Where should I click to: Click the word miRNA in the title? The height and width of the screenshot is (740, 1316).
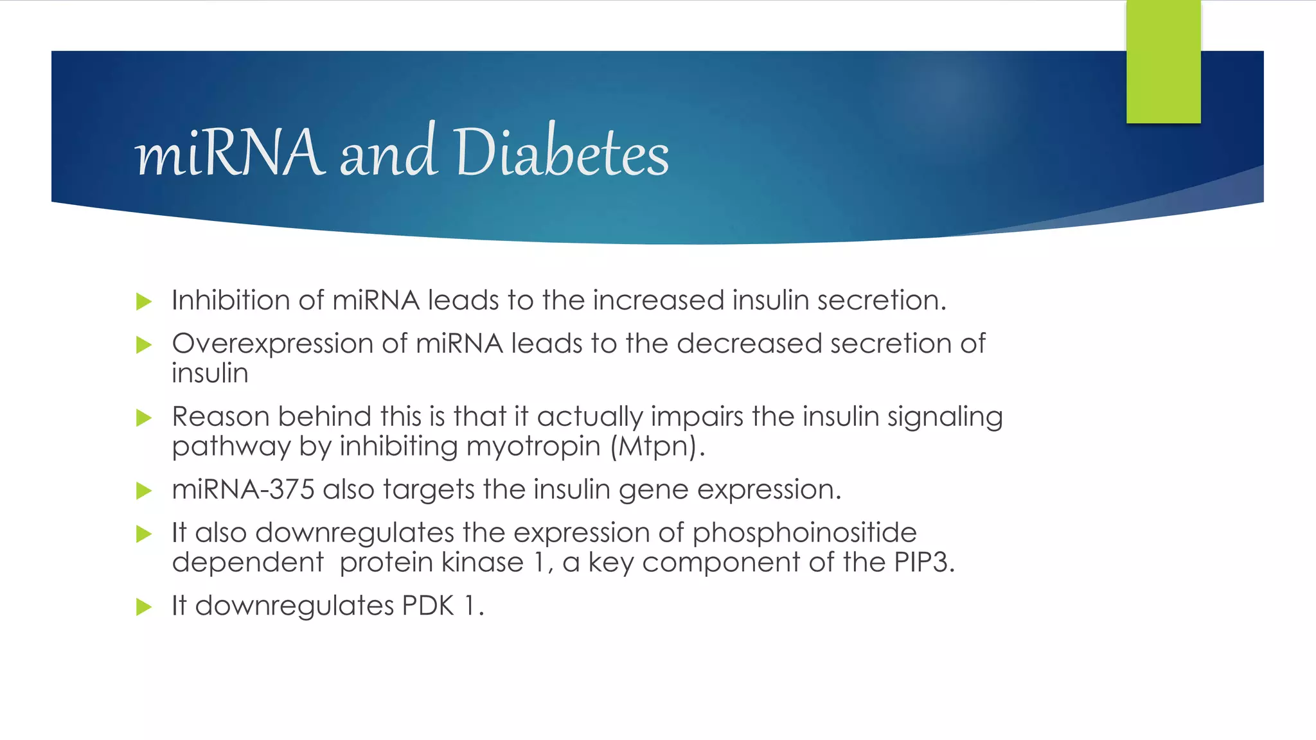(x=229, y=153)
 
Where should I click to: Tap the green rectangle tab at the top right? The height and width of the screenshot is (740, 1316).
(x=1163, y=62)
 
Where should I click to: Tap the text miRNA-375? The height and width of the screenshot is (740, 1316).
(x=243, y=490)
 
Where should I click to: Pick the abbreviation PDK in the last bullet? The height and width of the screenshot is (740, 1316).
(x=428, y=606)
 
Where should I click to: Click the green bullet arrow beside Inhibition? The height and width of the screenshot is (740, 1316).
(x=144, y=302)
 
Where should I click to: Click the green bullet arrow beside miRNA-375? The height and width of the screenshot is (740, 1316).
(x=144, y=491)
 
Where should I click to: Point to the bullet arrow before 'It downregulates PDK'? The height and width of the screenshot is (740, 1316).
(x=144, y=607)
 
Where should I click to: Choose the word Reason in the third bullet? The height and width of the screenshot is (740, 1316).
(x=220, y=417)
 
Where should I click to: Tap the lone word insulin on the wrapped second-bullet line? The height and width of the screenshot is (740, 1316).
(x=210, y=374)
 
